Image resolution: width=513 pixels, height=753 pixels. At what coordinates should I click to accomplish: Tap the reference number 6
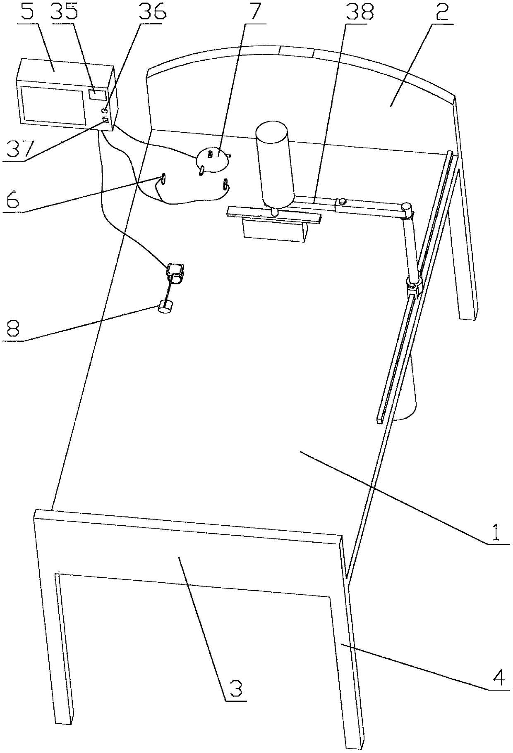(12, 200)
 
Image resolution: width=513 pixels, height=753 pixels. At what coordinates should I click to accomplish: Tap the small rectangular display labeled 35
(97, 94)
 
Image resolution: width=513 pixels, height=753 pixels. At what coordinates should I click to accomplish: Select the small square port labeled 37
(105, 120)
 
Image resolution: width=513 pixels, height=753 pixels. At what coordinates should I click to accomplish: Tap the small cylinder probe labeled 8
(165, 308)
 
